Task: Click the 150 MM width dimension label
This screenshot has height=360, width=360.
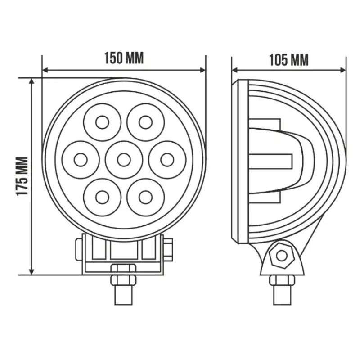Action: coord(124,58)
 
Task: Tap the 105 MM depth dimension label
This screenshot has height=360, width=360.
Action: coord(289,60)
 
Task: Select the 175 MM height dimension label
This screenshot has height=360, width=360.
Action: coord(22,176)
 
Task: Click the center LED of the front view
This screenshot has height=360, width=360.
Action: coord(124,160)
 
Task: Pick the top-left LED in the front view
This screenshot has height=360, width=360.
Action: coord(103,122)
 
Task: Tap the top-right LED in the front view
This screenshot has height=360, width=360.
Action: coord(145,122)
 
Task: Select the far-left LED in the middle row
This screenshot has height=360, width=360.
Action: coord(81,160)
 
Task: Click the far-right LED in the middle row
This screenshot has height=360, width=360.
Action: coord(167,160)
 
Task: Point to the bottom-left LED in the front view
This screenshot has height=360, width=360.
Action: coord(103,198)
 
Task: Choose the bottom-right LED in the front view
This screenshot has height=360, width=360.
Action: coord(145,198)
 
